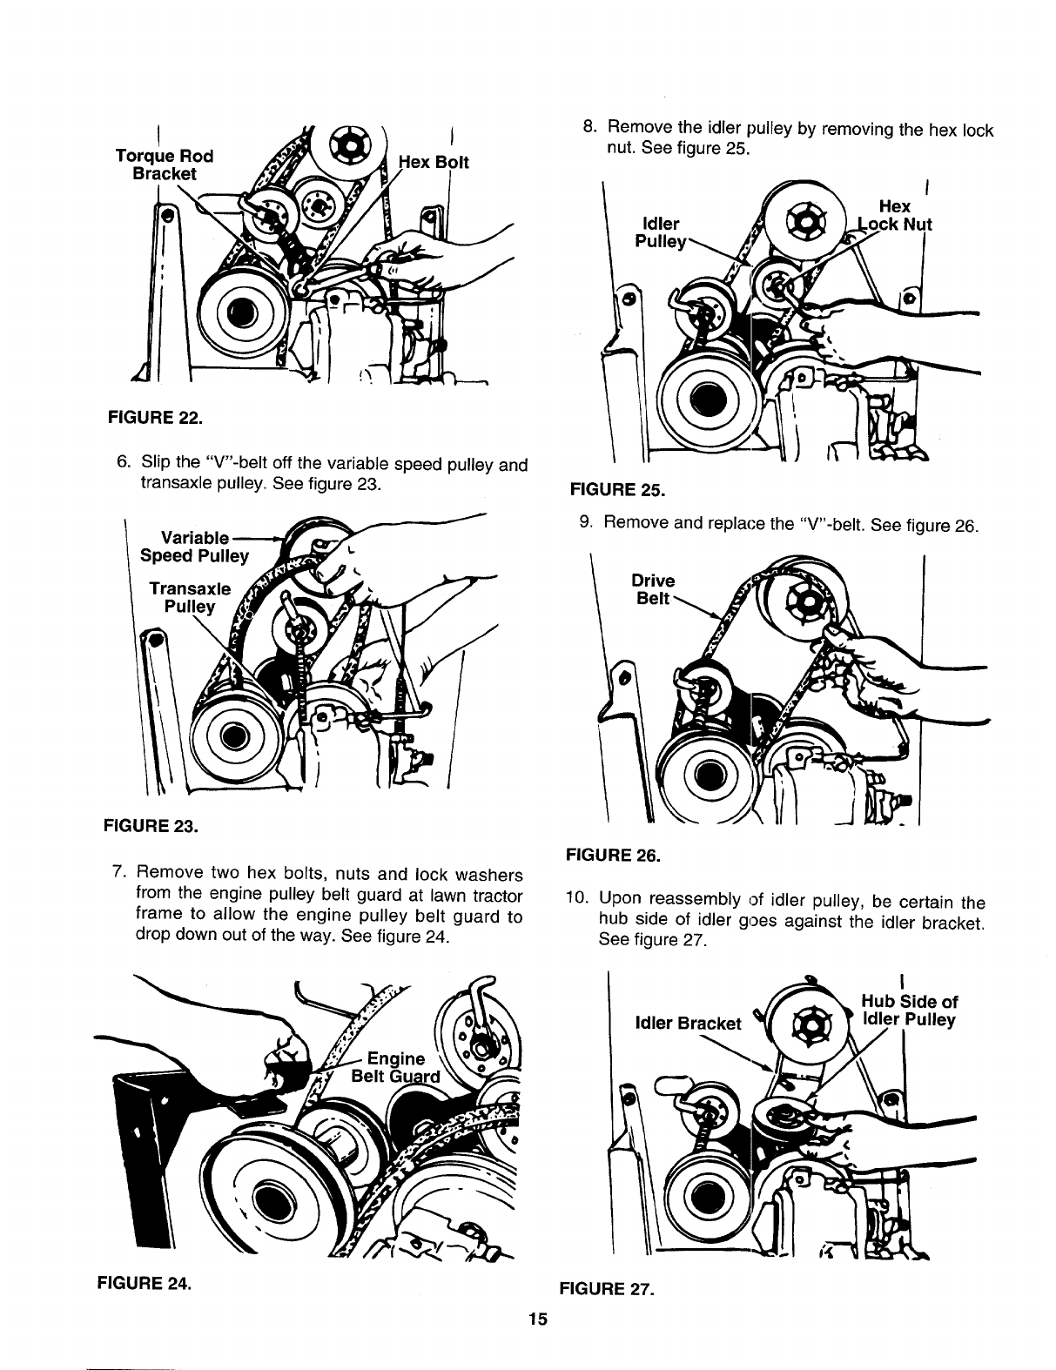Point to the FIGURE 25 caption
pyautogui.click(x=616, y=490)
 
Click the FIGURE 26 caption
pyautogui.click(x=613, y=856)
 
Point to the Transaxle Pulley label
pyautogui.click(x=189, y=596)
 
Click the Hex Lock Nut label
pyautogui.click(x=895, y=215)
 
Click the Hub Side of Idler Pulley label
pyautogui.click(x=909, y=1010)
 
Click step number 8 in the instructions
pyautogui.click(x=588, y=131)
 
